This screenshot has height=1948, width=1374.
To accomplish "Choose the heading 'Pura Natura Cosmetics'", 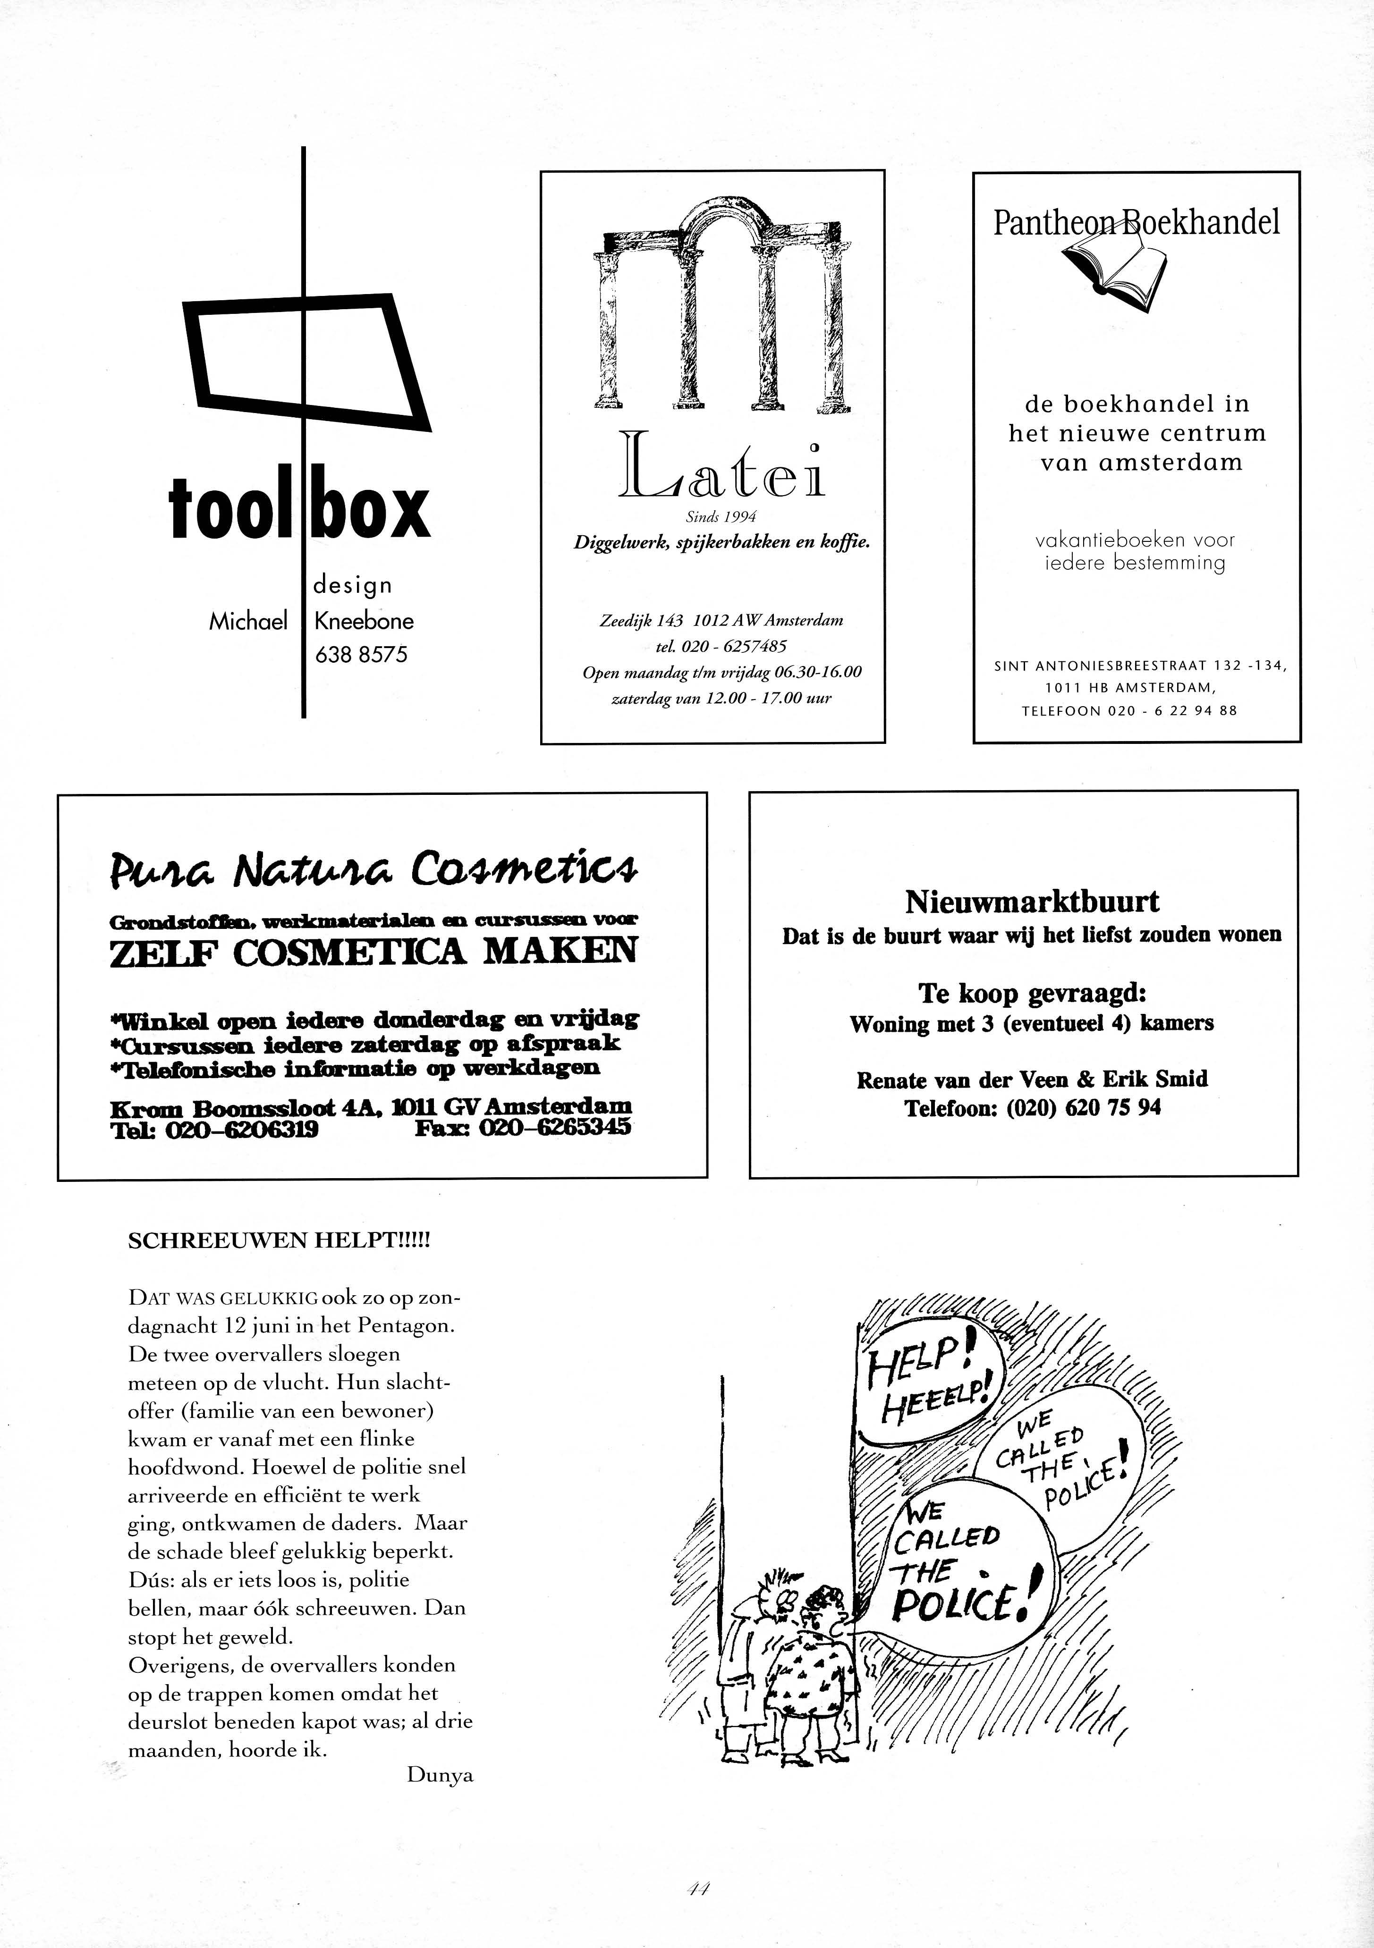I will pyautogui.click(x=373, y=869).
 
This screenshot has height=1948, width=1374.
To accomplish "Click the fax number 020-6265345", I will pyautogui.click(x=556, y=1129).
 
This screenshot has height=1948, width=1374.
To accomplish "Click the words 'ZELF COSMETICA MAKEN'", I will pyautogui.click(x=373, y=952).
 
